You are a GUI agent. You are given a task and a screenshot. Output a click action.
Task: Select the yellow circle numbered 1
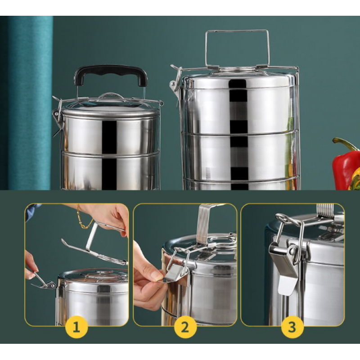76,327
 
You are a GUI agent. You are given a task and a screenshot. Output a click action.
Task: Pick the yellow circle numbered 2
185,327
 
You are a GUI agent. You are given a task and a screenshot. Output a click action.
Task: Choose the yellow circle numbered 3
292,327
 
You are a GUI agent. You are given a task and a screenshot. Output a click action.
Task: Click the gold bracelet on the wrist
83,219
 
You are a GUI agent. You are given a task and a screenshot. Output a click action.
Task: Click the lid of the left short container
110,110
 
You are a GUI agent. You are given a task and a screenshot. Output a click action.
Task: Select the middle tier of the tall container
240,156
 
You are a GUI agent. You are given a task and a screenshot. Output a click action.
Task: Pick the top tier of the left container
110,135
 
